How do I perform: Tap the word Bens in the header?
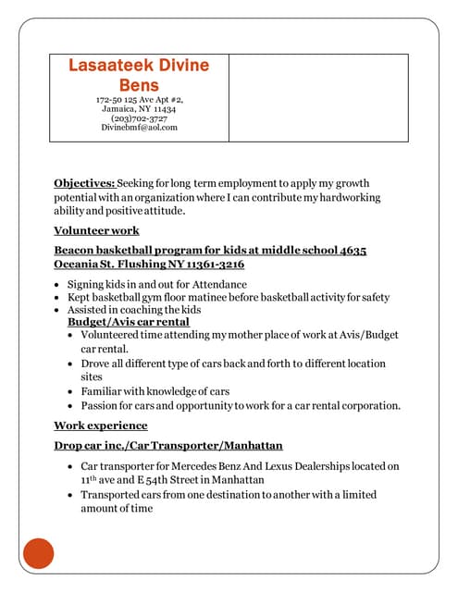pyautogui.click(x=139, y=85)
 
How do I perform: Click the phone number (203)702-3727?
pyautogui.click(x=139, y=118)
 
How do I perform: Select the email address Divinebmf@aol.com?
pyautogui.click(x=139, y=128)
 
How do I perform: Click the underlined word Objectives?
pyautogui.click(x=84, y=183)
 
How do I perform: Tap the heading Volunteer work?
pyautogui.click(x=96, y=230)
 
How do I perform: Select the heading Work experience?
pyautogui.click(x=100, y=425)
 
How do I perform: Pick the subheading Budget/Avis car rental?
pyautogui.click(x=129, y=322)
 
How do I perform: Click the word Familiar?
pyautogui.click(x=104, y=391)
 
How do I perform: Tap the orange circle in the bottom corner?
pyautogui.click(x=39, y=553)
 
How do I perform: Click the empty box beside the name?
pyautogui.click(x=317, y=97)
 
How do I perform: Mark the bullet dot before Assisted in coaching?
pyautogui.click(x=58, y=310)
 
